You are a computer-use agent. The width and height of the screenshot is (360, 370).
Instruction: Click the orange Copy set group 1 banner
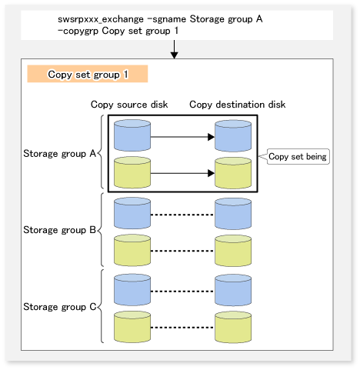click(88, 74)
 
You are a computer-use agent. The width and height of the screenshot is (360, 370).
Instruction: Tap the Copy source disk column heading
click(129, 105)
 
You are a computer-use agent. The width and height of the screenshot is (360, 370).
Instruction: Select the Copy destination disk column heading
click(238, 105)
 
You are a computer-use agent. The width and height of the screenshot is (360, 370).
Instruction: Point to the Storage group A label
click(59, 154)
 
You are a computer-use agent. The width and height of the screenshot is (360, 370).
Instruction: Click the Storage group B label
click(59, 230)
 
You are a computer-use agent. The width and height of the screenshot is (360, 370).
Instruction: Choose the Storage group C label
click(59, 307)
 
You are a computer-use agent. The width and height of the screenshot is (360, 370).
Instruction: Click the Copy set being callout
click(298, 156)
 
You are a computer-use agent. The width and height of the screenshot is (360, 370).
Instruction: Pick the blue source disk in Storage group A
click(132, 135)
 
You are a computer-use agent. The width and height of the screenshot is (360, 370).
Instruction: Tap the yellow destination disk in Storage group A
click(233, 173)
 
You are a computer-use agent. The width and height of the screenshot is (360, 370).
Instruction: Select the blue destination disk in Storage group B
click(233, 214)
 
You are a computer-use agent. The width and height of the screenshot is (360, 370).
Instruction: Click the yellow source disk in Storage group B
click(132, 250)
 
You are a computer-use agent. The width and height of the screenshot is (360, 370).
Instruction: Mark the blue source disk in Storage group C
click(132, 290)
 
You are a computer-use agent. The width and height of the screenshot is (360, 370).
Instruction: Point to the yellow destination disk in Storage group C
click(233, 327)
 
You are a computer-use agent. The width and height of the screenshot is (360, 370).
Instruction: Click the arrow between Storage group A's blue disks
click(182, 137)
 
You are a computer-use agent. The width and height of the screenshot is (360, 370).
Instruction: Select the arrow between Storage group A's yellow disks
click(182, 173)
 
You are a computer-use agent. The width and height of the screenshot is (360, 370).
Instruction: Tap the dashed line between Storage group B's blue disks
click(182, 215)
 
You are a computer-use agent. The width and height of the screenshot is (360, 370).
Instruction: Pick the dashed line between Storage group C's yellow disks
click(182, 328)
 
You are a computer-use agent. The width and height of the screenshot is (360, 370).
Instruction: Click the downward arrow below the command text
click(174, 49)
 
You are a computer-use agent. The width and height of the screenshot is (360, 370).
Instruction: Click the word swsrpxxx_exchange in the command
click(101, 19)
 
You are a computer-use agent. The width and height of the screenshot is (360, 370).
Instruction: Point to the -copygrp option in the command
click(78, 32)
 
